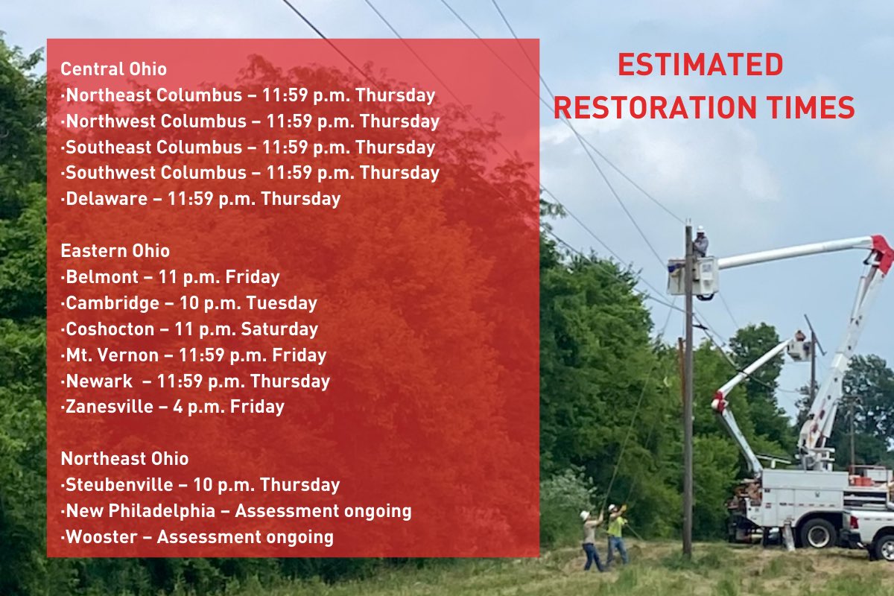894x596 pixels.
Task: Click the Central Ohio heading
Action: tap(113, 69)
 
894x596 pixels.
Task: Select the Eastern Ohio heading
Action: tap(115, 250)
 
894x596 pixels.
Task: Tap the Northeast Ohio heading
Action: tap(124, 458)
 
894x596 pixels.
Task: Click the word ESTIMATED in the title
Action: tap(700, 66)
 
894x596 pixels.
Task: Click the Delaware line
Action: tap(200, 199)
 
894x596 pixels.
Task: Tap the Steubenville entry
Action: tap(200, 485)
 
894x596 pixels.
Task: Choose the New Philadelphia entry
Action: tap(236, 511)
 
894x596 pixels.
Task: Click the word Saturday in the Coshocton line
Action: tap(283, 329)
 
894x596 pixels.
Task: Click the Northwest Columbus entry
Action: tap(250, 121)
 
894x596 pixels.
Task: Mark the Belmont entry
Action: tap(171, 278)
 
